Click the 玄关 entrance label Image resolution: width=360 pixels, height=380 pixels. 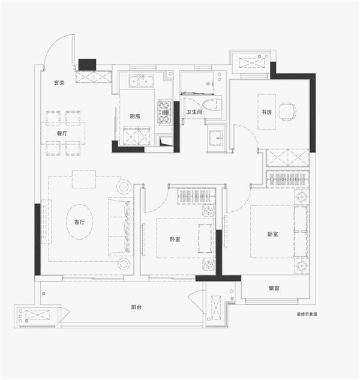coord(59,83)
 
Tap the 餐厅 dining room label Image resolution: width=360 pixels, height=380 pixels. coord(62,133)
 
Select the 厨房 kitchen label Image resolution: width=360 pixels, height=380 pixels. coord(135,116)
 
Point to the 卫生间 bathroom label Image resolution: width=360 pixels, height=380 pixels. coord(194,112)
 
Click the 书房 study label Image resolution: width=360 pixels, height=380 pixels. coord(266,112)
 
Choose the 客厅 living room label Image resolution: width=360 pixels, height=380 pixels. coord(79,222)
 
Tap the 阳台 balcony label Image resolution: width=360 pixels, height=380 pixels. coord(136,307)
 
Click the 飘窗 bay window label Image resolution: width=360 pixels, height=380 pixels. coord(274,288)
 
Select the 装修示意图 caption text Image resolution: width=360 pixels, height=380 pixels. coord(307,314)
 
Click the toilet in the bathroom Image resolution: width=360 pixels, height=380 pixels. coord(212,105)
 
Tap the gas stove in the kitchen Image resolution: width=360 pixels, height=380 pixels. coord(164,112)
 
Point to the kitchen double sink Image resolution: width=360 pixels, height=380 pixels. coord(141,81)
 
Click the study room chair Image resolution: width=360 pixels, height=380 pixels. coord(288,112)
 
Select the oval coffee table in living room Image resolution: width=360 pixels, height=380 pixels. coord(80,222)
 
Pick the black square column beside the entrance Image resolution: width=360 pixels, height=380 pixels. coord(87,64)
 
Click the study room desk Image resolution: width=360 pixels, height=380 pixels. coord(267,112)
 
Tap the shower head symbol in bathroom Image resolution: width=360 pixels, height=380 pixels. coord(208,84)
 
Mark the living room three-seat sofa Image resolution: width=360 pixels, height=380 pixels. coord(121,226)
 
